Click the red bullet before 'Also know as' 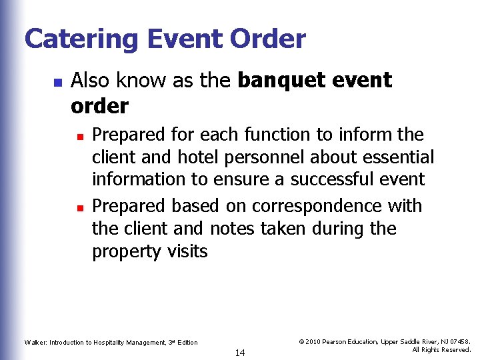click(57, 83)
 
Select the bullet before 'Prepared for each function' click(79, 136)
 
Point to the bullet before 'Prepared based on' click(79, 207)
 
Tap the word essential click(397, 157)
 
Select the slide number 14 click(240, 353)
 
